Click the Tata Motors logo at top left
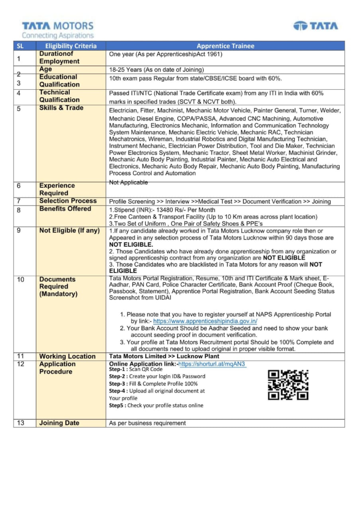[57, 29]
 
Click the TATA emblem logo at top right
[315, 26]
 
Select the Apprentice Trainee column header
[225, 46]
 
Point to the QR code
[288, 384]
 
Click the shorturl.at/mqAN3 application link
[212, 364]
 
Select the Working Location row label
[67, 356]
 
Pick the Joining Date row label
[59, 423]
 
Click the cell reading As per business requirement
[147, 423]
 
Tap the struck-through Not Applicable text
[128, 183]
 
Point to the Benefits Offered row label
[65, 209]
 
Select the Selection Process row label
[68, 201]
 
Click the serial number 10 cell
[20, 279]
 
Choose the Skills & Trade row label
[61, 108]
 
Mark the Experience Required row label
[57, 189]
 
